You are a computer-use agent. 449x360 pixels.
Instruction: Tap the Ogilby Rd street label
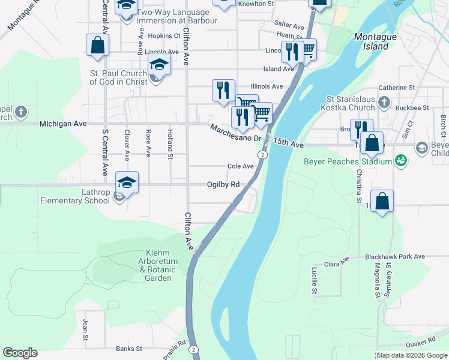point(223,185)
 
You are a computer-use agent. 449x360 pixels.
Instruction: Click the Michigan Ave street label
point(63,124)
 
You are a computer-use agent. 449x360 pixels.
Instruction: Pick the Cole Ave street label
point(240,166)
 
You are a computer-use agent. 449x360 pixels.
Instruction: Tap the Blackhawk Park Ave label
point(395,256)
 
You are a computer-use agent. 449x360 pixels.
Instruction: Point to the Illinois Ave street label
point(267,86)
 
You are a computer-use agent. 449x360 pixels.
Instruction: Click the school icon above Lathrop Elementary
point(127,182)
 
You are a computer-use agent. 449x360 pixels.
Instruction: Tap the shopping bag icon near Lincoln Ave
point(97,46)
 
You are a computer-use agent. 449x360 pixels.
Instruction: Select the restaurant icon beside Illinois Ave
point(223,90)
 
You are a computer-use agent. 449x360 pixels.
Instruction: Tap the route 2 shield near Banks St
point(193,349)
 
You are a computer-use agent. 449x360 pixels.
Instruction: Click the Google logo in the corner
point(20,353)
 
